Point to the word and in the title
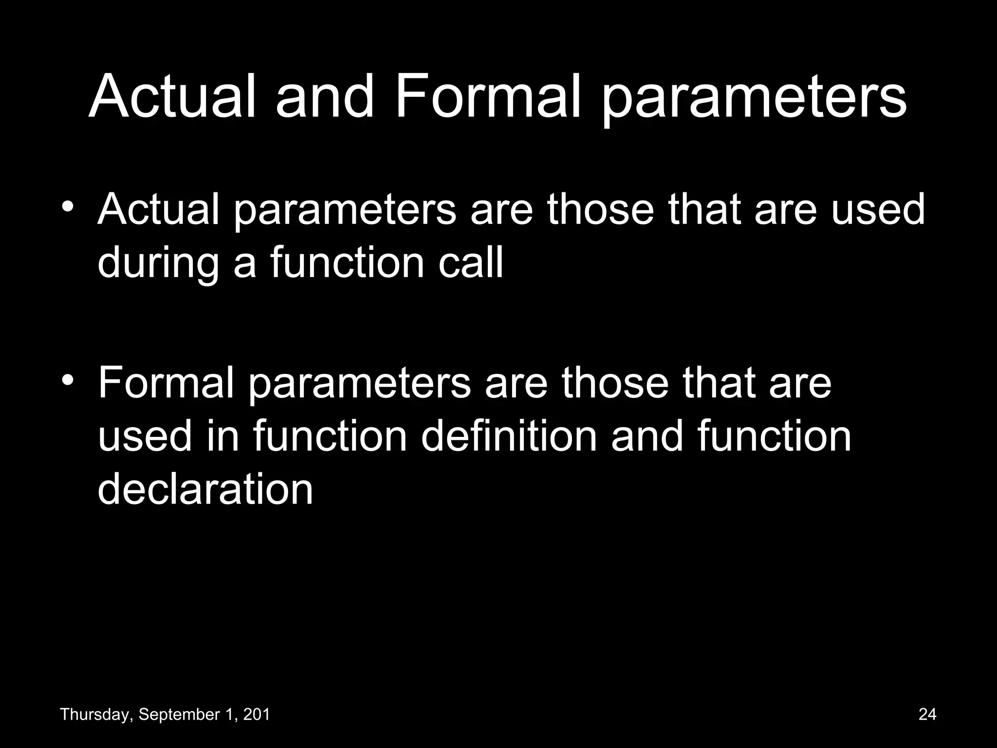click(x=325, y=96)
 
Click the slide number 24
click(x=927, y=714)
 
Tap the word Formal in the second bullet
click(x=166, y=383)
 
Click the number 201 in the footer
click(x=257, y=715)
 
